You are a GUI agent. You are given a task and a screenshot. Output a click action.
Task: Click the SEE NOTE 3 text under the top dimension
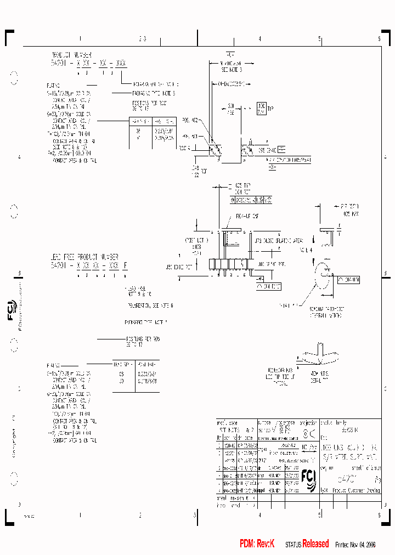pos(232,70)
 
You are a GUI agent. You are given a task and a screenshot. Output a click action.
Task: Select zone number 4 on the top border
pos(259,39)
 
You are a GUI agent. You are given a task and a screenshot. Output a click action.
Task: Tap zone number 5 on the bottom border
pos(319,516)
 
